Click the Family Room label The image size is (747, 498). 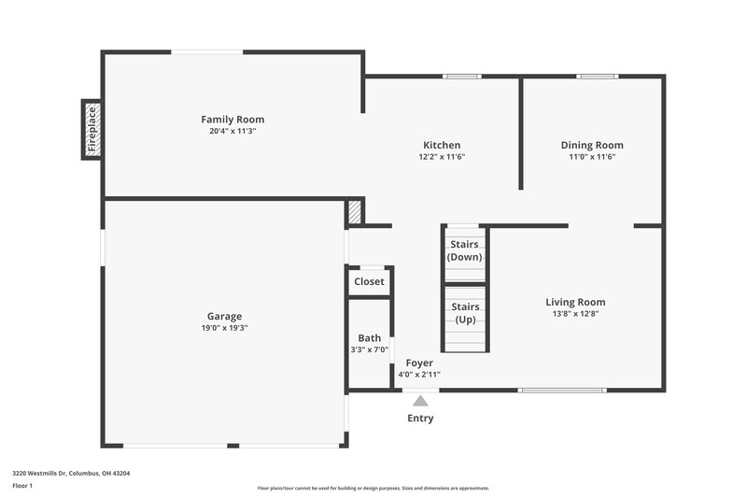click(233, 120)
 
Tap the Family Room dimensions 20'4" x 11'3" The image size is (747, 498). click(233, 132)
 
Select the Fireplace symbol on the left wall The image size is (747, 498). click(92, 129)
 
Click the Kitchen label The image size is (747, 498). click(442, 145)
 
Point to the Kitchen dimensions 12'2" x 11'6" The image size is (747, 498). click(442, 157)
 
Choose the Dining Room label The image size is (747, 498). click(592, 145)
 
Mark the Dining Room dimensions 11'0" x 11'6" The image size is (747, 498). click(592, 157)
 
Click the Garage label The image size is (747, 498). click(225, 316)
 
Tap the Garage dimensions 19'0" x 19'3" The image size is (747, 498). click(225, 328)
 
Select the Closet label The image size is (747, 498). click(369, 281)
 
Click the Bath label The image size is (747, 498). click(369, 338)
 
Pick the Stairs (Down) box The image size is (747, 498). click(465, 251)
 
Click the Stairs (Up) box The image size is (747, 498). click(465, 314)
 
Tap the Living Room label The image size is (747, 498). click(575, 302)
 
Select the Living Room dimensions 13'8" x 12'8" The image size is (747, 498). click(575, 314)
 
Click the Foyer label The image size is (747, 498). click(419, 363)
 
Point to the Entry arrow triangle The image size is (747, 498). click(420, 401)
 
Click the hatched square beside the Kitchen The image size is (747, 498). click(354, 212)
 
